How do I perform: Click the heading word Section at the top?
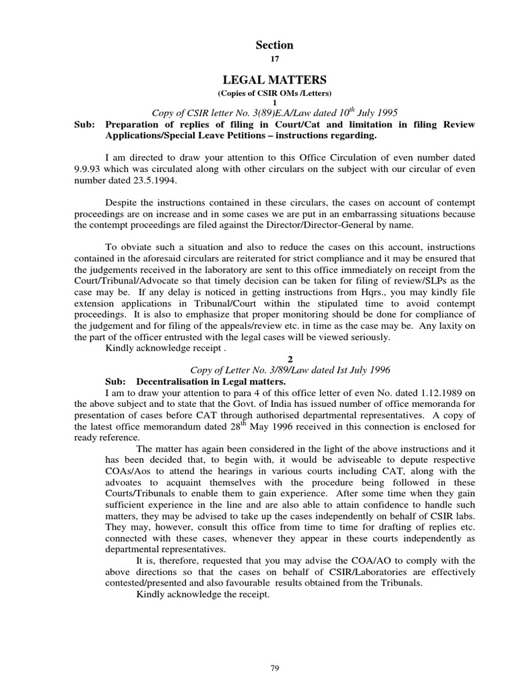275,45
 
